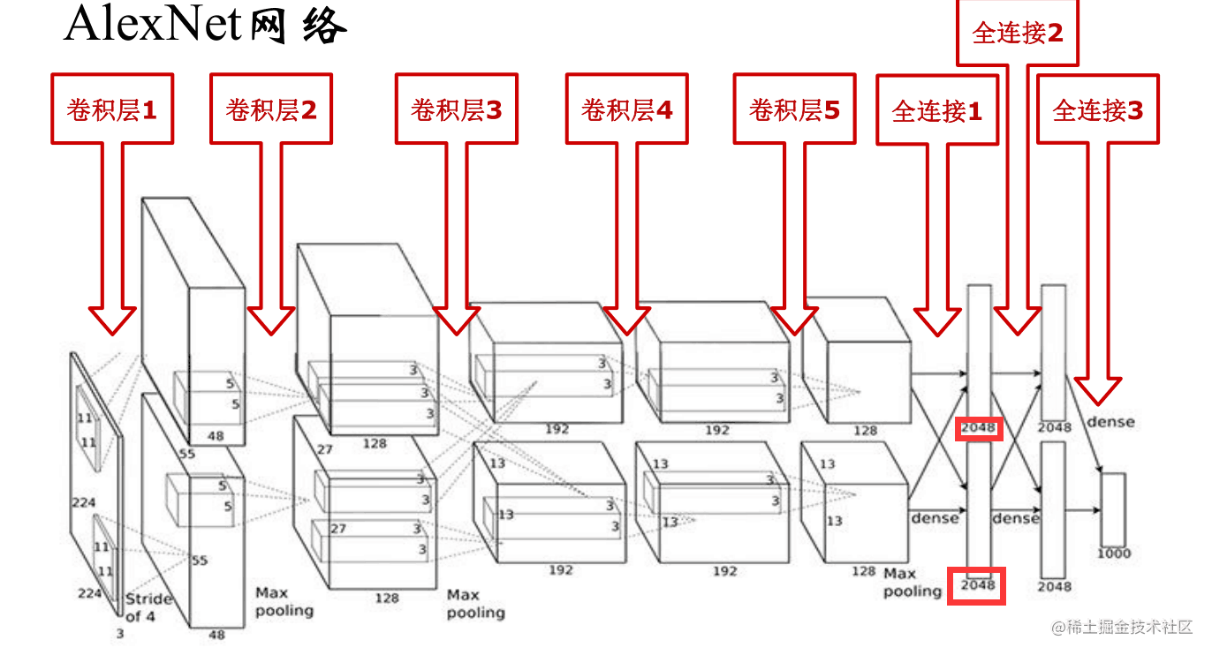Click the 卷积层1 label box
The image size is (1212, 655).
pos(112,109)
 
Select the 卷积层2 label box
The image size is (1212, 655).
pos(271,109)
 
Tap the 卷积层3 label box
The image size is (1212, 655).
pos(456,109)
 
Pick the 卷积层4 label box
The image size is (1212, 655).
pos(626,109)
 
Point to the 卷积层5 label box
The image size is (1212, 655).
pos(794,109)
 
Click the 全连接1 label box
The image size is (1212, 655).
pos(937,111)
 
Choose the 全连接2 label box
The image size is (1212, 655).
pos(1018,34)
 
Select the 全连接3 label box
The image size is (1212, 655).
pos(1098,110)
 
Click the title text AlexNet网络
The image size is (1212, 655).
pos(205,26)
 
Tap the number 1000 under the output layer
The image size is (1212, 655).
pos(1114,553)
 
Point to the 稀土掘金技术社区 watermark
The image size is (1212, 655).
pos(1122,627)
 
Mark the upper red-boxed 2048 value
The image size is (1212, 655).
pos(978,428)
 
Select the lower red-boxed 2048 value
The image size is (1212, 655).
pos(977,585)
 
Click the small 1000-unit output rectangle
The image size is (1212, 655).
pos(1113,509)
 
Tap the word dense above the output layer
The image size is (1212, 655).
pos(1110,422)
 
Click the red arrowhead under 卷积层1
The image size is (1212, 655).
pos(112,320)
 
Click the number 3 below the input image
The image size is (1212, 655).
pos(120,633)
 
